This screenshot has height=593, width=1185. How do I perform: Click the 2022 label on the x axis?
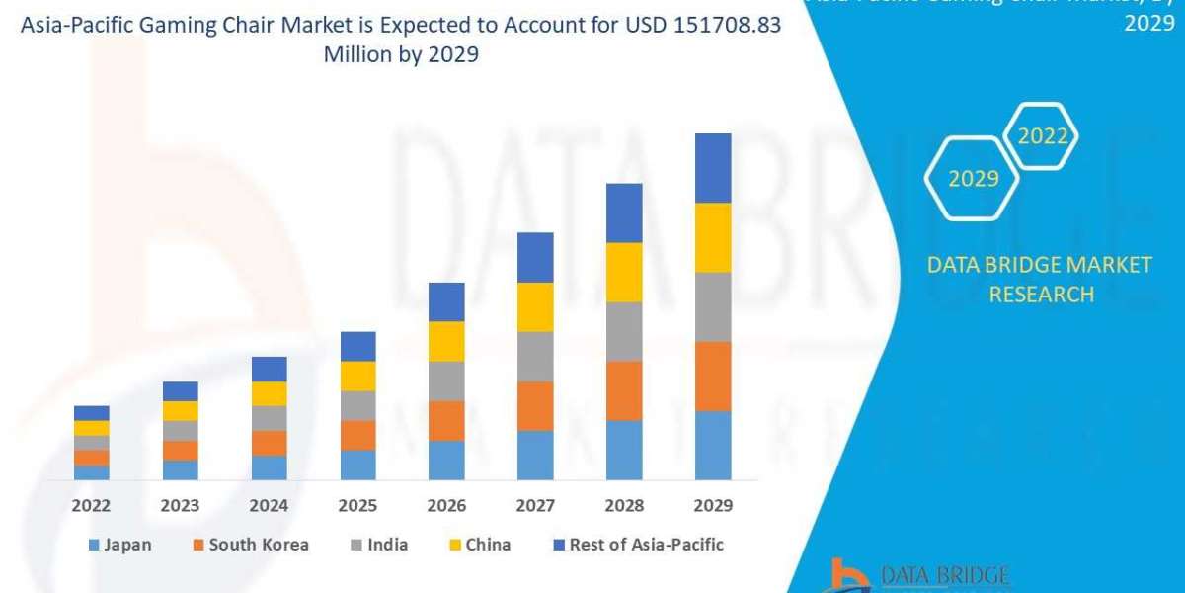pyautogui.click(x=92, y=505)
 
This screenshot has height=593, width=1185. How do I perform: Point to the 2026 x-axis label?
pyautogui.click(x=447, y=505)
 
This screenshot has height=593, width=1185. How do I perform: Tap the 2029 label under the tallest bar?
pyautogui.click(x=713, y=505)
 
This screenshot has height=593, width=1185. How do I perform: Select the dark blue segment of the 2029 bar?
pyautogui.click(x=713, y=168)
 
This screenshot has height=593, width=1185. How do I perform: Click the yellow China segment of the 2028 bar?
pyautogui.click(x=624, y=272)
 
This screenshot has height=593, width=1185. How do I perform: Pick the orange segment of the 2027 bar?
pyautogui.click(x=535, y=405)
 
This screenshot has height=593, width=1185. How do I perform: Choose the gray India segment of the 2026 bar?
pyautogui.click(x=446, y=381)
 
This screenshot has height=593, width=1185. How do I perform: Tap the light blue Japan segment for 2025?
pyautogui.click(x=357, y=465)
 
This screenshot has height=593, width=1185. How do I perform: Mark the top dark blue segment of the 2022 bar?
pyautogui.click(x=92, y=413)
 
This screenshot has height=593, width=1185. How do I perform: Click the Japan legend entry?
pyautogui.click(x=119, y=545)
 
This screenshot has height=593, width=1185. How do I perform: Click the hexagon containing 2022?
pyautogui.click(x=1041, y=136)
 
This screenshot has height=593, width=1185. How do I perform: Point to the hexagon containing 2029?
pyautogui.click(x=973, y=179)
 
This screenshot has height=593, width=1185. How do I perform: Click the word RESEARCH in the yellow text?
pyautogui.click(x=1041, y=294)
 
